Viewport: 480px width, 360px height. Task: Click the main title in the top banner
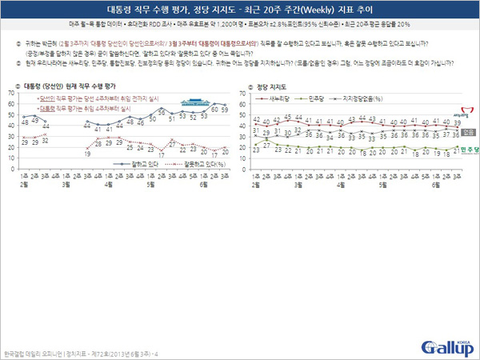click(x=240, y=10)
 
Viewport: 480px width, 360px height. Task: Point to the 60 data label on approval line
click(x=214, y=110)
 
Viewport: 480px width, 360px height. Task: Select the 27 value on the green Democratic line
click(x=266, y=144)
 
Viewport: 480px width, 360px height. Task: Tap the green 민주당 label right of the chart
click(x=468, y=150)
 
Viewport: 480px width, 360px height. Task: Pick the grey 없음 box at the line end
click(x=468, y=132)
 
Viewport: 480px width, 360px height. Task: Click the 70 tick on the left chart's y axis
click(x=11, y=93)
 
